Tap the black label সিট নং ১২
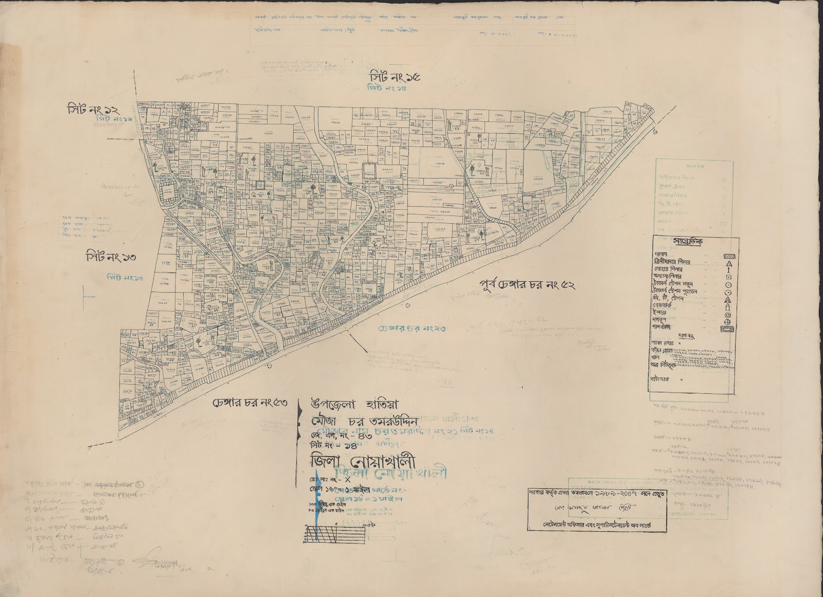pos(93,109)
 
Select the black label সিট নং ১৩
pos(114,256)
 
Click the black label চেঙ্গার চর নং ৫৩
pos(249,403)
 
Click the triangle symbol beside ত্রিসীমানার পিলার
pos(728,263)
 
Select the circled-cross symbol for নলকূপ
pos(728,321)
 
